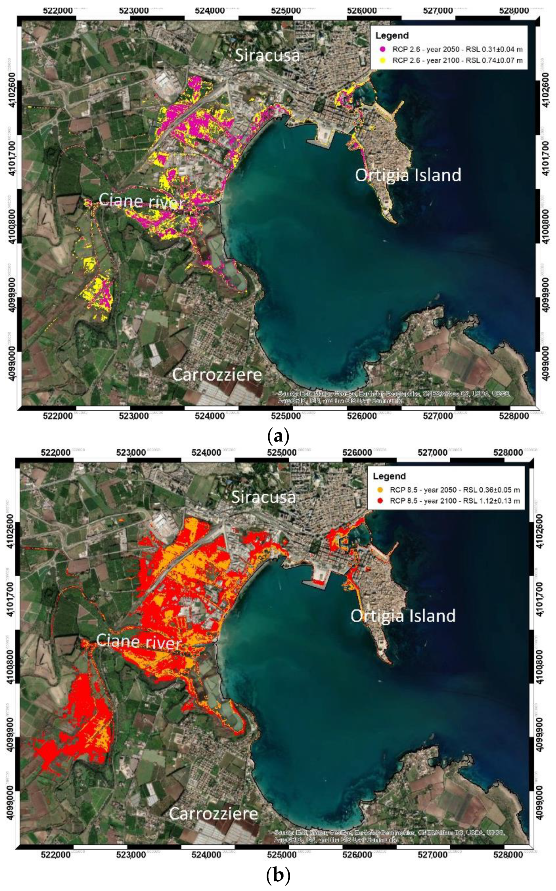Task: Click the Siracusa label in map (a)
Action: [x=267, y=55]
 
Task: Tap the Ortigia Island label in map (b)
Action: [x=403, y=616]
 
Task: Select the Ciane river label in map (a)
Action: [x=141, y=201]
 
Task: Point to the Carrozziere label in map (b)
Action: [x=213, y=813]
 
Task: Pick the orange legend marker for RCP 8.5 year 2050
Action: [x=380, y=490]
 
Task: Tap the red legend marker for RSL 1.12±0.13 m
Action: [x=380, y=501]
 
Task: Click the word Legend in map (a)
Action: [x=392, y=36]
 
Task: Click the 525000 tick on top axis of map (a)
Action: [x=286, y=10]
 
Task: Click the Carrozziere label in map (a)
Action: [x=217, y=375]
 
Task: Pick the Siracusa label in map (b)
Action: [x=263, y=497]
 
